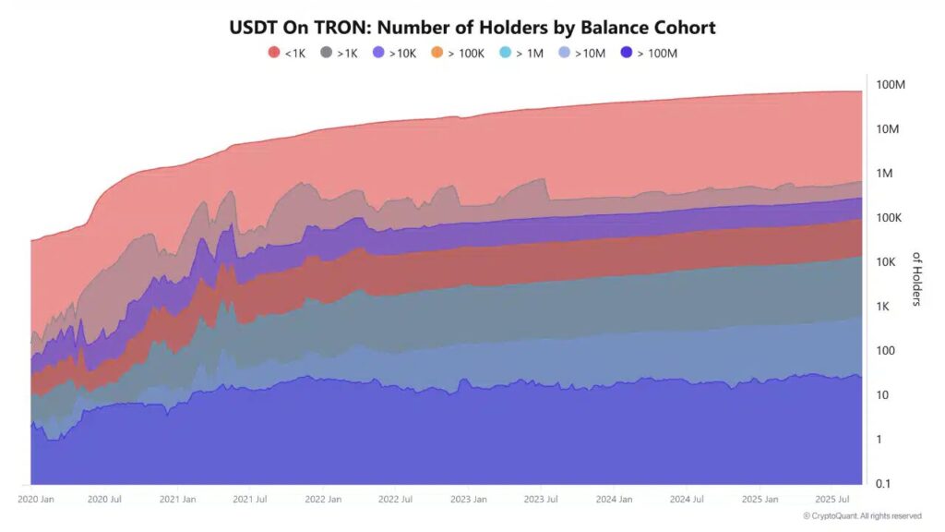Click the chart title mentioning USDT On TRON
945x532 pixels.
[472, 27]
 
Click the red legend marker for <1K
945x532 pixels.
[274, 53]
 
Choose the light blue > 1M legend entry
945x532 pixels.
[522, 53]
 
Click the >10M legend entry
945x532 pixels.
[581, 53]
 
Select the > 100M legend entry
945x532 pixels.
[650, 53]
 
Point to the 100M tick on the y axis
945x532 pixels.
[890, 85]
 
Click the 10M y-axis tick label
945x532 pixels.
[890, 129]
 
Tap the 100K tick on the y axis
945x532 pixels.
[890, 218]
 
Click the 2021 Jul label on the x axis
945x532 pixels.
[249, 499]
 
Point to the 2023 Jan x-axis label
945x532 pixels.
[468, 499]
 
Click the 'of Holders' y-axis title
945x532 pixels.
[916, 279]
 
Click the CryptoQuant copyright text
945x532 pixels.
[862, 516]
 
